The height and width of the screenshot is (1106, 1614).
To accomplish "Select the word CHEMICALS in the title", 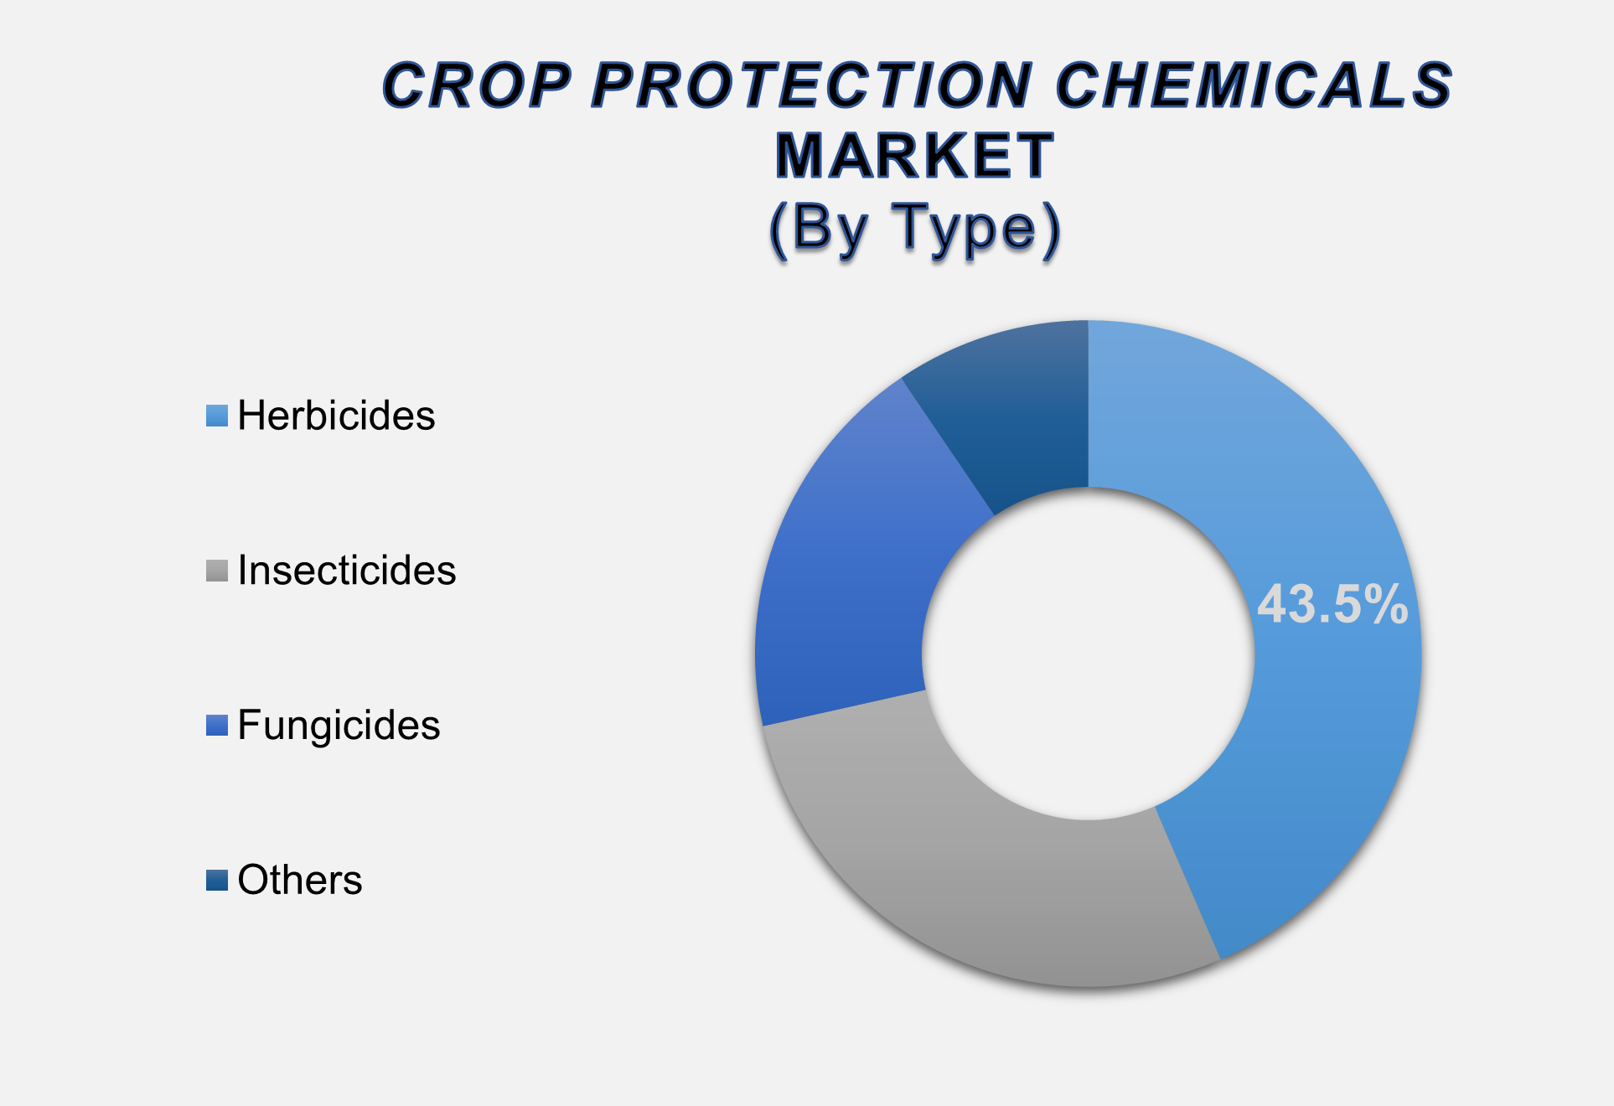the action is tap(1254, 85).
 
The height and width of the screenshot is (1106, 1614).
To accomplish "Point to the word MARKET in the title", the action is tap(914, 156).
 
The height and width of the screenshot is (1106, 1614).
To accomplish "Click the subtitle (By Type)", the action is tap(915, 229).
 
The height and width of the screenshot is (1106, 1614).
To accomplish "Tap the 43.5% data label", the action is tap(1332, 604).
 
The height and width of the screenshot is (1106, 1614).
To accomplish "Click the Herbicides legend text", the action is tap(336, 416).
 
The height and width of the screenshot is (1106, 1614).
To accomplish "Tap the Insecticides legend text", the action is tap(347, 571).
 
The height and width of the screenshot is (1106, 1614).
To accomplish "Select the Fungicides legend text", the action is tap(339, 726).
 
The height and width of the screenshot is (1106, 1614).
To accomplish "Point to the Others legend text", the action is tap(300, 880).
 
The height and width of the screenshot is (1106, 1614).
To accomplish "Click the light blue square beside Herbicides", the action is tap(217, 416).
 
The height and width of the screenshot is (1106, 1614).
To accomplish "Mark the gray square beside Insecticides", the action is tap(217, 571).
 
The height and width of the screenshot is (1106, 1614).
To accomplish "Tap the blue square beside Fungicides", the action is tap(217, 726).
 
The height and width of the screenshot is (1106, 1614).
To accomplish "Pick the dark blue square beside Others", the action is tap(217, 881).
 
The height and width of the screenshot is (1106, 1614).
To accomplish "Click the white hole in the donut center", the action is tap(1088, 654).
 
